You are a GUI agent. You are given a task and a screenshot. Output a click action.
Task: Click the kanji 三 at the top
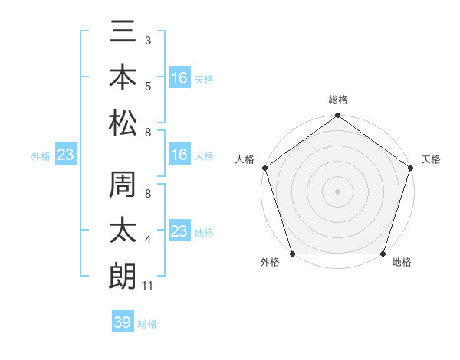tap(123, 34)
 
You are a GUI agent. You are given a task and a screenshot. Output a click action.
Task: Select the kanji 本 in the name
tap(123, 77)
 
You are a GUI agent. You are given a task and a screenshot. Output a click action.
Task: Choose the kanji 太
tap(123, 230)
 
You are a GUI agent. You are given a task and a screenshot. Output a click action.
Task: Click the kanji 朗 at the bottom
tap(123, 273)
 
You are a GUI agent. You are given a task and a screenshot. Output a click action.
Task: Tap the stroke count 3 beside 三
tap(148, 38)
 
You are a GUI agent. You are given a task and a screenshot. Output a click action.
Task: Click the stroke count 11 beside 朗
tap(149, 286)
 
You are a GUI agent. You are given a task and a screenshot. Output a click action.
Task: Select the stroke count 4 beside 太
tap(148, 241)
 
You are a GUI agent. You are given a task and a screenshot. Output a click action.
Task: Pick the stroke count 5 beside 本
tap(148, 86)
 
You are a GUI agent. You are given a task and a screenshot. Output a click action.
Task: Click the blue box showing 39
tap(122, 323)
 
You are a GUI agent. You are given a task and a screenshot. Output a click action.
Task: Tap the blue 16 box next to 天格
tap(179, 78)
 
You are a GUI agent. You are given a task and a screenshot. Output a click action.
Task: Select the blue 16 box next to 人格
tap(179, 155)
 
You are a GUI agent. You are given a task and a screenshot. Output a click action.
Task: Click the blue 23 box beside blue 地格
tap(179, 231)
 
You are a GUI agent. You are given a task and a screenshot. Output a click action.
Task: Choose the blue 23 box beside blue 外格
tap(66, 155)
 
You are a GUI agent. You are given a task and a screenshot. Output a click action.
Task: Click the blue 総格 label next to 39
tap(147, 324)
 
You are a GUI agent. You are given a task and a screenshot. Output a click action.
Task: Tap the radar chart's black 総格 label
tap(337, 100)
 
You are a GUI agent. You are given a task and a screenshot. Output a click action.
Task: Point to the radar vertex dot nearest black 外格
tap(293, 254)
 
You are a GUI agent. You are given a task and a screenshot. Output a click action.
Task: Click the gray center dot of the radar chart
tap(337, 191)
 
